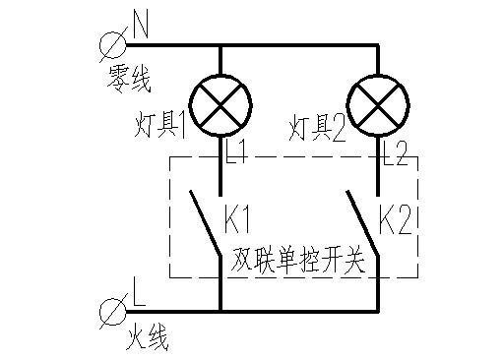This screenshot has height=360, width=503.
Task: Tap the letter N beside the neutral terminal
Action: [x=139, y=27]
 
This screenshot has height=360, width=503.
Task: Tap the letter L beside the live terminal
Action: [x=139, y=293]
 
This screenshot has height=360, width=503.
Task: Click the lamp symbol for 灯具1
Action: [x=218, y=107]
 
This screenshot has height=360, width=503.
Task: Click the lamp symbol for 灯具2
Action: [x=379, y=107]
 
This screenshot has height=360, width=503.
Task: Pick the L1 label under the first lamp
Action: [x=239, y=153]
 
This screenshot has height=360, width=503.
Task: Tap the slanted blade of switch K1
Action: [x=204, y=224]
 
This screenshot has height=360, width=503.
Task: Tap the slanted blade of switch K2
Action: [x=361, y=224]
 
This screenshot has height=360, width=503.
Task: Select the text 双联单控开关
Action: [x=298, y=261]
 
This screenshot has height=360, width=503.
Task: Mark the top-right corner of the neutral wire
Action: [x=379, y=44]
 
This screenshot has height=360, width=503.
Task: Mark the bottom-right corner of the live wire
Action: [x=379, y=313]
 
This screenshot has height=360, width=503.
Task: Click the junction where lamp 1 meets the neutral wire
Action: [x=218, y=44]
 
